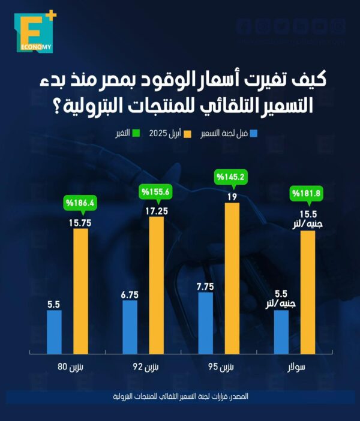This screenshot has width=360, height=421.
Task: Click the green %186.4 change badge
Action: click(x=81, y=203)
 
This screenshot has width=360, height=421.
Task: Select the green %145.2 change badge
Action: click(x=232, y=178)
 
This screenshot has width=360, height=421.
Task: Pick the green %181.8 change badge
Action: click(x=307, y=193)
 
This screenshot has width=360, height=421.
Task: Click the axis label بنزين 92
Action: click(x=142, y=366)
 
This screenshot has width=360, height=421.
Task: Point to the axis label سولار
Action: click(x=294, y=366)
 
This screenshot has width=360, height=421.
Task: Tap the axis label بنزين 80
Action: click(x=66, y=366)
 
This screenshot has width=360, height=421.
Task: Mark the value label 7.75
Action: click(x=205, y=285)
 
